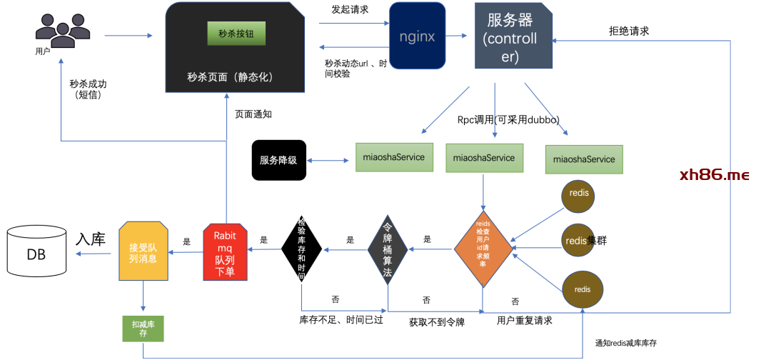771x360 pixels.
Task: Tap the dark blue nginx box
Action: coord(417,36)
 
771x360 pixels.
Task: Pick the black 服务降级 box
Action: coord(278,160)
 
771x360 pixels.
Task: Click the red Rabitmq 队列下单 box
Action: coord(225,252)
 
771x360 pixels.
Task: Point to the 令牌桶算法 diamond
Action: coord(388,249)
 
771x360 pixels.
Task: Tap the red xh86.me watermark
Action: coord(714,175)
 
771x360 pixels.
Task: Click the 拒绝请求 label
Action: coord(628,31)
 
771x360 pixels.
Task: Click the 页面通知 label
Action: coord(253,114)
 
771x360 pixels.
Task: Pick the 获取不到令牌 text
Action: coord(437,322)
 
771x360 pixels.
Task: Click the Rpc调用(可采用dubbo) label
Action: coord(508,119)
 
